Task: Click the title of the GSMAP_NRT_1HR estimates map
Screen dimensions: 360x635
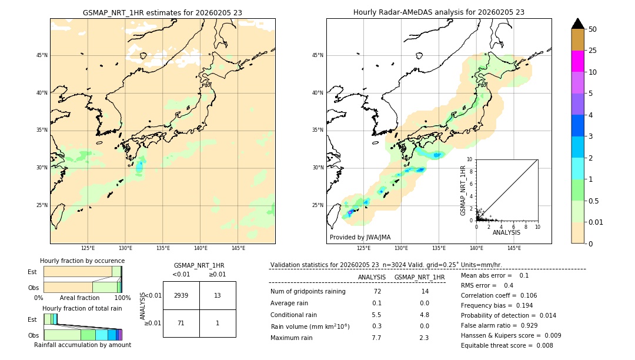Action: point(162,12)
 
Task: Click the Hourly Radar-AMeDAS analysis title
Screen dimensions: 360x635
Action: point(439,12)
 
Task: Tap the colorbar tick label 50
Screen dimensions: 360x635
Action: point(593,29)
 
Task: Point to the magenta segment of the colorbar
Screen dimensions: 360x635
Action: point(577,61)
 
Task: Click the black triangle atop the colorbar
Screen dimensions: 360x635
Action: point(577,24)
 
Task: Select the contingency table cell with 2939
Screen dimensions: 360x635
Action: point(181,295)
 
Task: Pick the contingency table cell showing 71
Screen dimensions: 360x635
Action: point(181,323)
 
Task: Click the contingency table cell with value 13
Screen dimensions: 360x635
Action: point(218,295)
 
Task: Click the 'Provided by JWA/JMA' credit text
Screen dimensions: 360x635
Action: point(360,238)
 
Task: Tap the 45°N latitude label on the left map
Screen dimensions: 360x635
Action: point(42,55)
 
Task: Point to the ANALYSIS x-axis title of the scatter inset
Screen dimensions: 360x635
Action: point(506,232)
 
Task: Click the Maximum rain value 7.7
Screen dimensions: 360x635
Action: point(376,338)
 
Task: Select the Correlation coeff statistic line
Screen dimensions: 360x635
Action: point(499,295)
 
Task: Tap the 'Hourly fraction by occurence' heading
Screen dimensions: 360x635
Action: point(82,261)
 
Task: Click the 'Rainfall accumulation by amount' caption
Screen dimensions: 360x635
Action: point(82,345)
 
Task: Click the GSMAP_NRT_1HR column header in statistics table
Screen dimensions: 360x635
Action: point(419,277)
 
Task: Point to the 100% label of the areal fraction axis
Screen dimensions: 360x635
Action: point(122,298)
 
